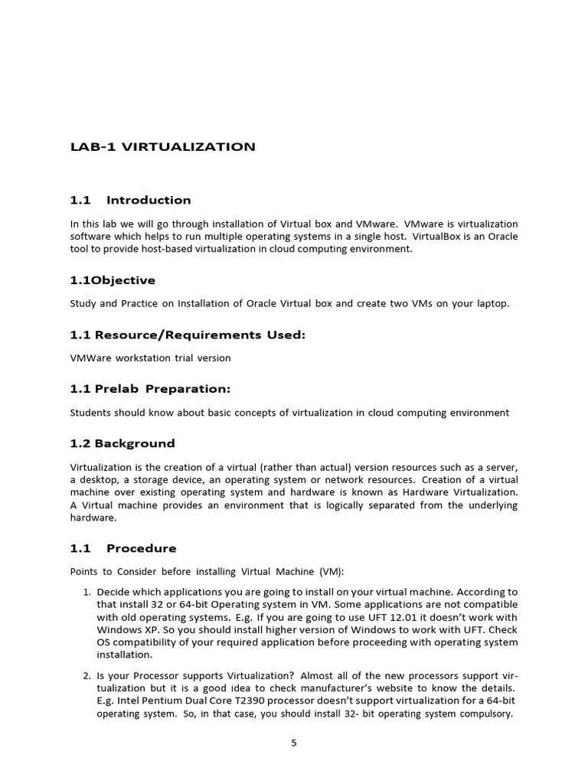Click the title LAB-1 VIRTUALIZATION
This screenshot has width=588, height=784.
162,147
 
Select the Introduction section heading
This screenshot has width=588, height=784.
148,201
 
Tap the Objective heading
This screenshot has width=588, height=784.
113,280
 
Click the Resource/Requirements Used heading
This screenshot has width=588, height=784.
188,335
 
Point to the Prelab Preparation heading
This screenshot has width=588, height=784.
150,389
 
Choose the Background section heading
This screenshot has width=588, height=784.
122,443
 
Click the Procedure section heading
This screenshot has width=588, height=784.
141,548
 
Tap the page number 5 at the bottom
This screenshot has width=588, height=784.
293,742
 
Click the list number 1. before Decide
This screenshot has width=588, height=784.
87,592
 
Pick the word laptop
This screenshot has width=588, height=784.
491,303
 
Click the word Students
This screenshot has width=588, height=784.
93,413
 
